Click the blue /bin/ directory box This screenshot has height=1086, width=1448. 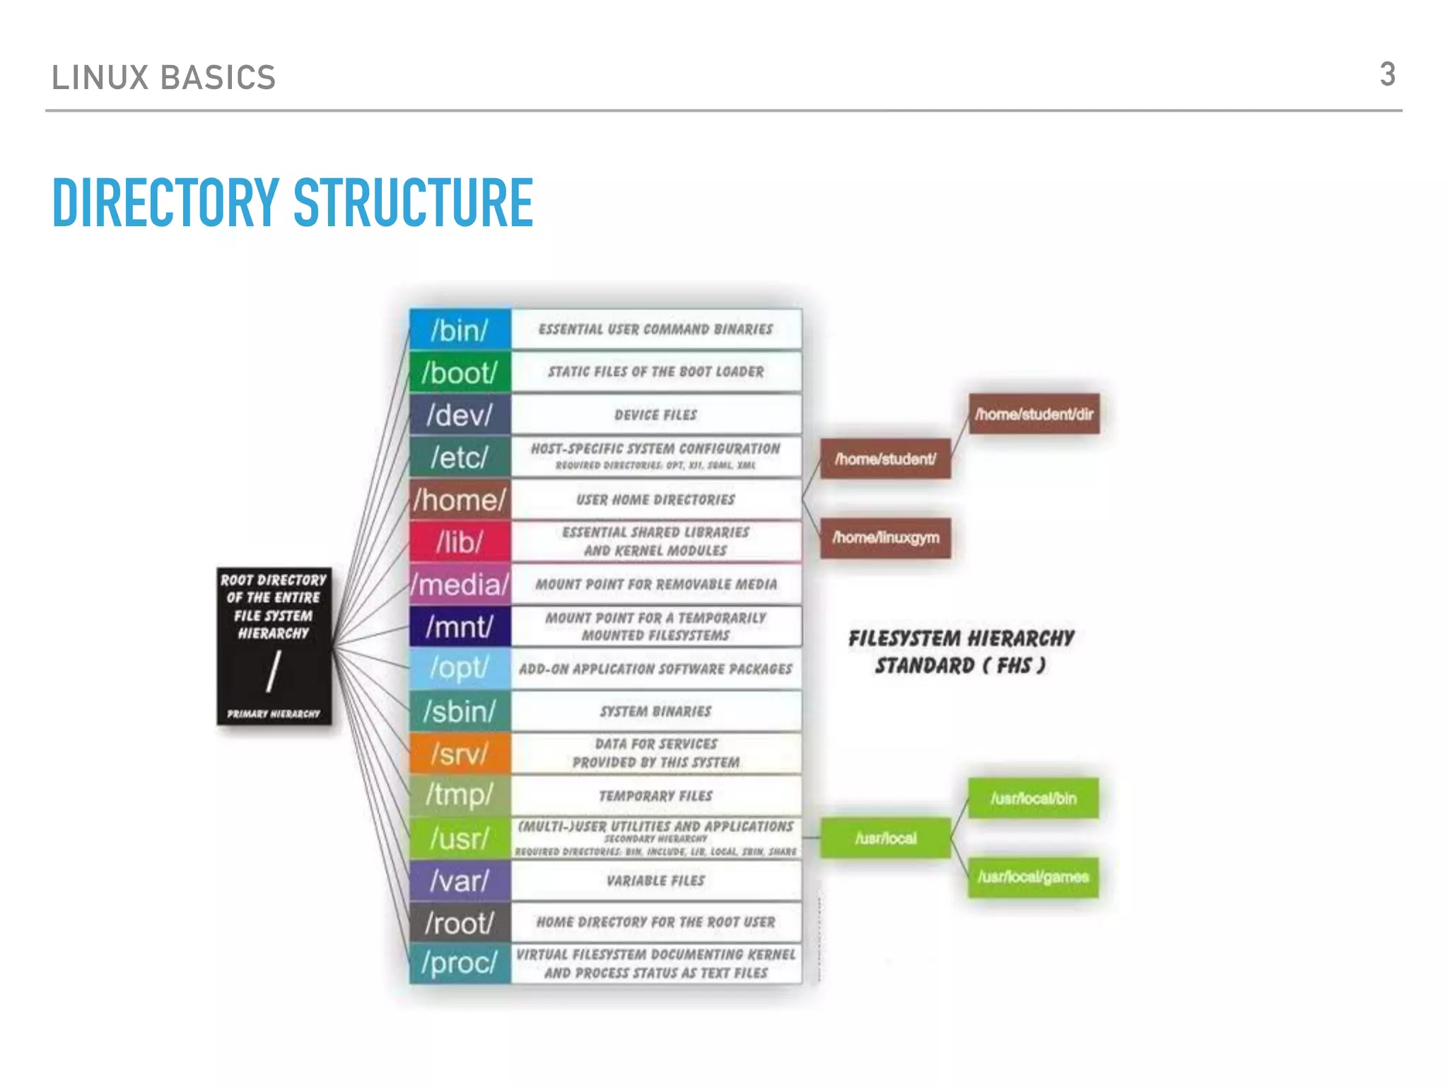[460, 329]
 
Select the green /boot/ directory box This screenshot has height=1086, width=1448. [460, 372]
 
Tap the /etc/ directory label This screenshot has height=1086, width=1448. [460, 457]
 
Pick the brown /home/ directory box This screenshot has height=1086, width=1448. [460, 500]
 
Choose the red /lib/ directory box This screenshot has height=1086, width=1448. [460, 542]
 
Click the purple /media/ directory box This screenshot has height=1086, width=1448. [460, 585]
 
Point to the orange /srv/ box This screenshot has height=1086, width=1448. [460, 754]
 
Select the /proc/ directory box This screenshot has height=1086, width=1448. [460, 963]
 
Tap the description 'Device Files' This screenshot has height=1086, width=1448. [655, 415]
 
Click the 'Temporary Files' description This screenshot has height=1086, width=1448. [655, 796]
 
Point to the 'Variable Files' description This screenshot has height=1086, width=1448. [655, 881]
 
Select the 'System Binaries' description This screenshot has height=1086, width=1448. [655, 711]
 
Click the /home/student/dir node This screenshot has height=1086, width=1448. [1034, 414]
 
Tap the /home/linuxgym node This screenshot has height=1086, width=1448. [885, 538]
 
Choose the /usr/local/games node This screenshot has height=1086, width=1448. [1033, 877]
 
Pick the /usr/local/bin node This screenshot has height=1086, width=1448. [1033, 799]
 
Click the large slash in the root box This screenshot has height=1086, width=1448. [273, 672]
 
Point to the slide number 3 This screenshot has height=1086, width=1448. [1387, 75]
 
